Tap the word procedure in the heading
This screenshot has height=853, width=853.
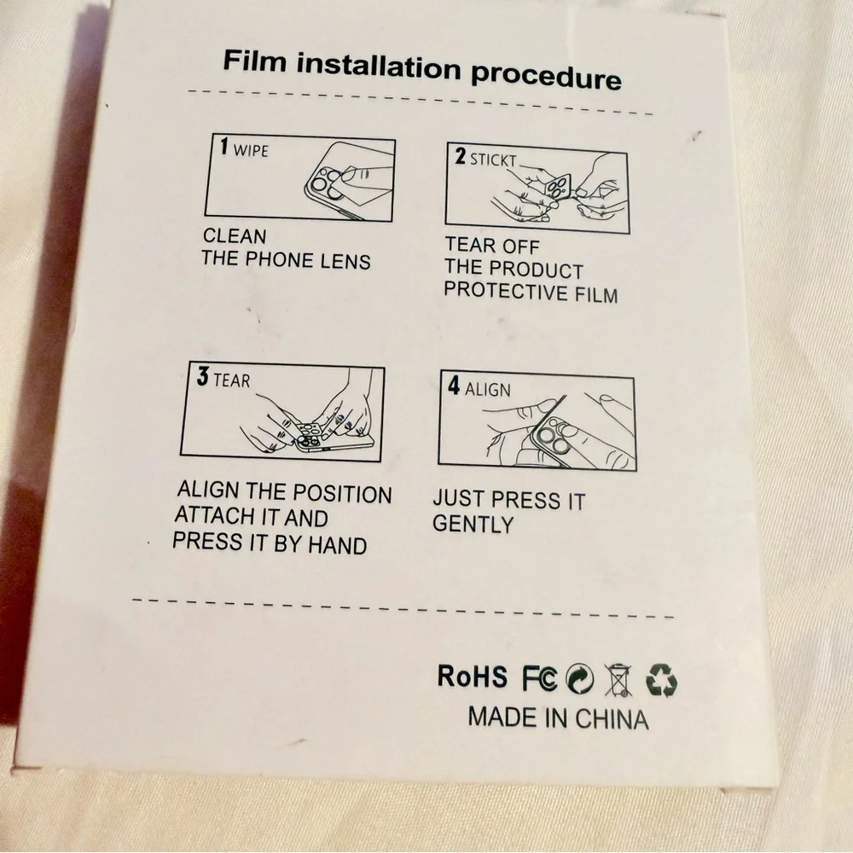(x=546, y=76)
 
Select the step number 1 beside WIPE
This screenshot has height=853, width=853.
(x=224, y=147)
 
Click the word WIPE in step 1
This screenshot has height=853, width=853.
(x=251, y=150)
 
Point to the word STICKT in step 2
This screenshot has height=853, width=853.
(x=493, y=160)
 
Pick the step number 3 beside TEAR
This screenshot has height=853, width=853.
(x=202, y=376)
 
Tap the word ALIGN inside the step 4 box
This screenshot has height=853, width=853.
(x=487, y=390)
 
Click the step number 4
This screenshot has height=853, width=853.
(x=454, y=386)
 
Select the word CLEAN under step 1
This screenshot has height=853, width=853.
(x=235, y=236)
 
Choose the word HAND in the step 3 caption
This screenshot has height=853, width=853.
(x=337, y=545)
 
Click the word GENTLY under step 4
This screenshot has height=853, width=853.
(x=473, y=524)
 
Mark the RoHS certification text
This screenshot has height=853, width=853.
(x=472, y=676)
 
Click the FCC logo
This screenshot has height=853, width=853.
(x=540, y=678)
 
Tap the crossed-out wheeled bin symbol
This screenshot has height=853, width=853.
(x=618, y=680)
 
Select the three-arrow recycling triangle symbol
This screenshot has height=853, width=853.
(x=661, y=680)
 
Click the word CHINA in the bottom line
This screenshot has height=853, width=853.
(x=612, y=719)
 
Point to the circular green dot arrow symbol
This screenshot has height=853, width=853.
(x=580, y=679)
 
